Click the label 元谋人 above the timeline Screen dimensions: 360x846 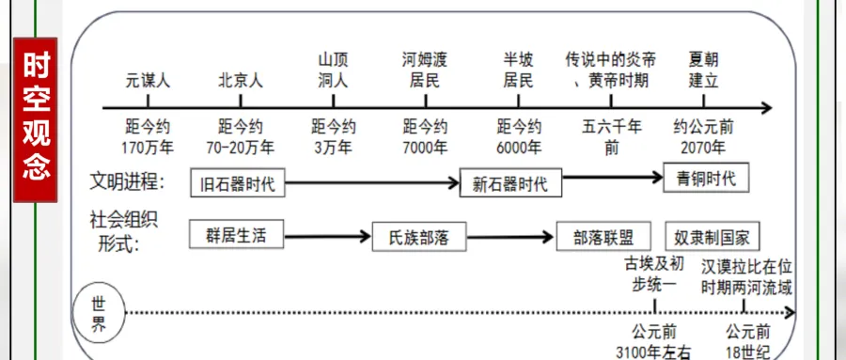click(148, 81)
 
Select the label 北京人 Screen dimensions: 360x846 click(240, 81)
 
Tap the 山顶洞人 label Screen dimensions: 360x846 click(333, 70)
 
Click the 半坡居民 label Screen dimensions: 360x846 click(518, 70)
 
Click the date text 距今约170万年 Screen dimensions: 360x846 click(148, 137)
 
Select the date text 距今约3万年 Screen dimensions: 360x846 click(333, 137)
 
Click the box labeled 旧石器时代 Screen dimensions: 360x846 click(238, 183)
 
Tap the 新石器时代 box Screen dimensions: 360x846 click(510, 183)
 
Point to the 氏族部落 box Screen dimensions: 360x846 click(419, 238)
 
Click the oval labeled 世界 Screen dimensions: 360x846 click(99, 316)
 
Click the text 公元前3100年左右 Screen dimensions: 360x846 click(653, 342)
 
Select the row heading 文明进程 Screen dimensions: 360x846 click(128, 181)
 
